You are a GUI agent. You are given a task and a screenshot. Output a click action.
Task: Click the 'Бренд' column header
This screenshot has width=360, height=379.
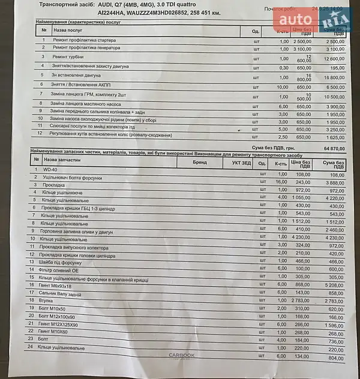pyautogui.click(x=199, y=161)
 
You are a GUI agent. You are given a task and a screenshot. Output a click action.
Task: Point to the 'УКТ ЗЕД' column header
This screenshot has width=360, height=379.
pyautogui.click(x=242, y=162)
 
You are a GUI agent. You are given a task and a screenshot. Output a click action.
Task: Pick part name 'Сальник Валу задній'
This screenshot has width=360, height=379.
pyautogui.click(x=63, y=293)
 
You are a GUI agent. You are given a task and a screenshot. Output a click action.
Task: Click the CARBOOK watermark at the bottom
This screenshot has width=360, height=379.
pyautogui.click(x=182, y=356)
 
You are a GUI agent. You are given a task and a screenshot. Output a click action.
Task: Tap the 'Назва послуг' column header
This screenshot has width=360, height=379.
pyautogui.click(x=67, y=29)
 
